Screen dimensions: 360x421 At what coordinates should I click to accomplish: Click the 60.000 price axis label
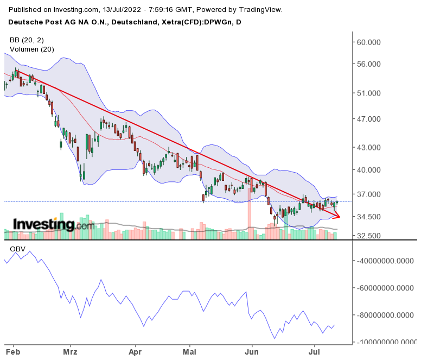369,42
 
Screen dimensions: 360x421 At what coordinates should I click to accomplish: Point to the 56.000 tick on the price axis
369,64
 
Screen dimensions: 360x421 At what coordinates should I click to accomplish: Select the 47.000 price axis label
369,119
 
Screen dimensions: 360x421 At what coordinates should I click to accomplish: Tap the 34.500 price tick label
369,217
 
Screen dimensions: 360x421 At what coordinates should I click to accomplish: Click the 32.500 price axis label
369,236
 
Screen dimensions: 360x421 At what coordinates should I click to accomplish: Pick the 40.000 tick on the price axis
369,170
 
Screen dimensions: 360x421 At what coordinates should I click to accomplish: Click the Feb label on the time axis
12,351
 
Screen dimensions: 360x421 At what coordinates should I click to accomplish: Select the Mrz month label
71,351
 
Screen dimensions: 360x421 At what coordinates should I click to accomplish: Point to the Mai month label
190,351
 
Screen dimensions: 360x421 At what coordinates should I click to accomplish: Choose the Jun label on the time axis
252,351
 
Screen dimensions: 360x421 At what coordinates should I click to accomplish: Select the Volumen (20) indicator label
31,49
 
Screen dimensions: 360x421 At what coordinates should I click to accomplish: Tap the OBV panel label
17,249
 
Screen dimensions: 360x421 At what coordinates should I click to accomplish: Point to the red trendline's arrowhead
338,217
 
